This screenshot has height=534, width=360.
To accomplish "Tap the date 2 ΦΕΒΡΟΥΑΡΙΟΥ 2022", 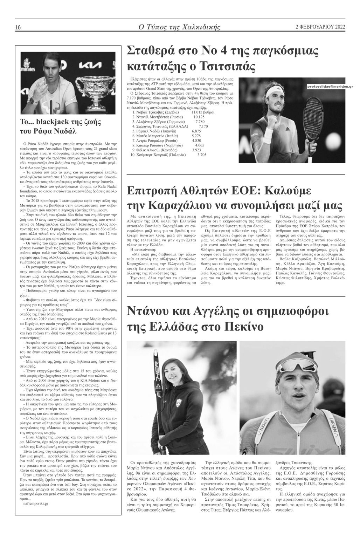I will click(x=320, y=27).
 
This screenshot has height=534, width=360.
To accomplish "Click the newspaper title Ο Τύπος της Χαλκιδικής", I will click(x=179, y=27).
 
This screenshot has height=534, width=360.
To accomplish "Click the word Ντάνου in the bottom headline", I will click(x=147, y=311).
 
